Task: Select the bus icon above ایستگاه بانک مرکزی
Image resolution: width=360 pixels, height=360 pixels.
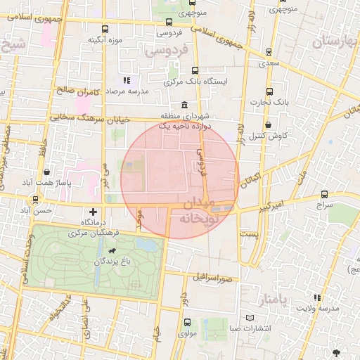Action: pos(195,71)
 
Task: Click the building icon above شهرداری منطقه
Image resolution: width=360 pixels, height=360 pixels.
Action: pos(185,104)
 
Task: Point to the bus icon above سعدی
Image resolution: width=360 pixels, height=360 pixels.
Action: pos(270,52)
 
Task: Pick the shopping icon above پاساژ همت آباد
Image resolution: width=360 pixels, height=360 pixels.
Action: pos(46,172)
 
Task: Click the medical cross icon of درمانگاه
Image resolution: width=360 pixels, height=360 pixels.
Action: pos(94,211)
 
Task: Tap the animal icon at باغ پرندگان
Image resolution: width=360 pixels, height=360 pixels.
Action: pos(112,250)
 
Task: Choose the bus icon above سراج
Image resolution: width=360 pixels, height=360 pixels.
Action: pos(324,194)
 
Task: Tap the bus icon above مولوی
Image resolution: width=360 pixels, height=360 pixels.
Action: pos(186,323)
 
